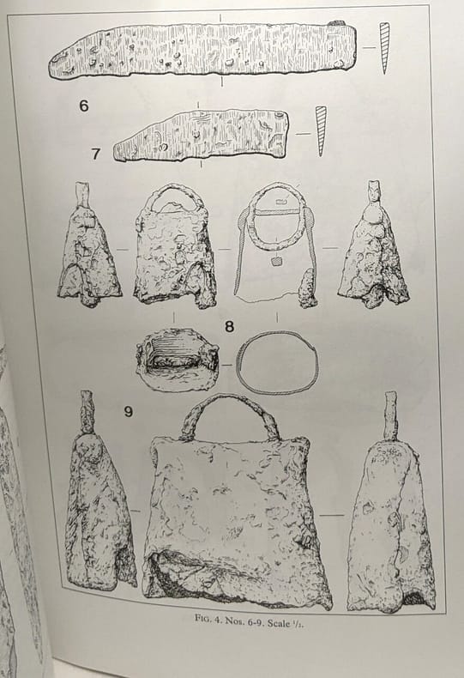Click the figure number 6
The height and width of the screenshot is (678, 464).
(84, 106)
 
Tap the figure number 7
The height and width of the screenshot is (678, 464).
(96, 154)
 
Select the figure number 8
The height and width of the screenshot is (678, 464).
(229, 326)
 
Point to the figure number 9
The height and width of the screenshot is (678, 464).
(128, 411)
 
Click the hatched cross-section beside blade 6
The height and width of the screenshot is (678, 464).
(384, 47)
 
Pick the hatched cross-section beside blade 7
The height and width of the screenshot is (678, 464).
(320, 130)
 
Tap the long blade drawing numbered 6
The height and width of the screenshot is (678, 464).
(203, 51)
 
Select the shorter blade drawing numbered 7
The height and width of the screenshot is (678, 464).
(201, 135)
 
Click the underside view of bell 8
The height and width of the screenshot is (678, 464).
(177, 360)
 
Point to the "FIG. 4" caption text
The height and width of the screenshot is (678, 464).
(210, 618)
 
